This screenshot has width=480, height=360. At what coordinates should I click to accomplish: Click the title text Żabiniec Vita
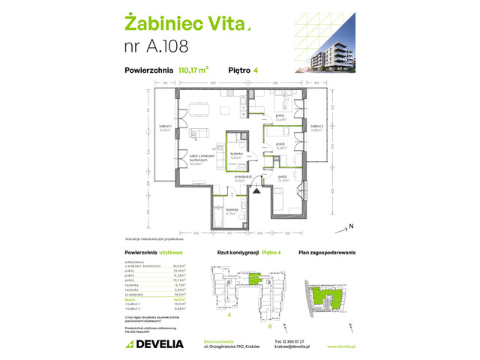point(184,26)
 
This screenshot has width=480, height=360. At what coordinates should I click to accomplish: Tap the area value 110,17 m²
point(193,72)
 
